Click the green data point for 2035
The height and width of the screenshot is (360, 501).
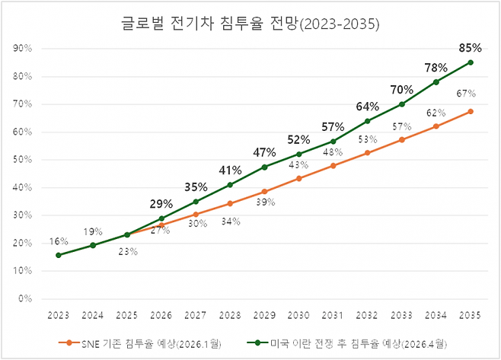(471, 62)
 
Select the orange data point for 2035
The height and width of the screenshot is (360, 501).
(471, 111)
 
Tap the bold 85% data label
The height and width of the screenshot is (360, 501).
(470, 47)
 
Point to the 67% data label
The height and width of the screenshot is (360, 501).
(466, 94)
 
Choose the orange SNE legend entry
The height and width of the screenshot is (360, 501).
(138, 342)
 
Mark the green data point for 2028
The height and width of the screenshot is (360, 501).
(230, 185)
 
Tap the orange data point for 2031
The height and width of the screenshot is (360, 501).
(333, 165)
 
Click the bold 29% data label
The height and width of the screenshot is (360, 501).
(161, 204)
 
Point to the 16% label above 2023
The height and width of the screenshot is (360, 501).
(59, 241)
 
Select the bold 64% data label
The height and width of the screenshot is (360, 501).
(367, 106)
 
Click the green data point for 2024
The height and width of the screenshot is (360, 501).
(93, 245)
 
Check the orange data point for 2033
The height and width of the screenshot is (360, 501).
(402, 139)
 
